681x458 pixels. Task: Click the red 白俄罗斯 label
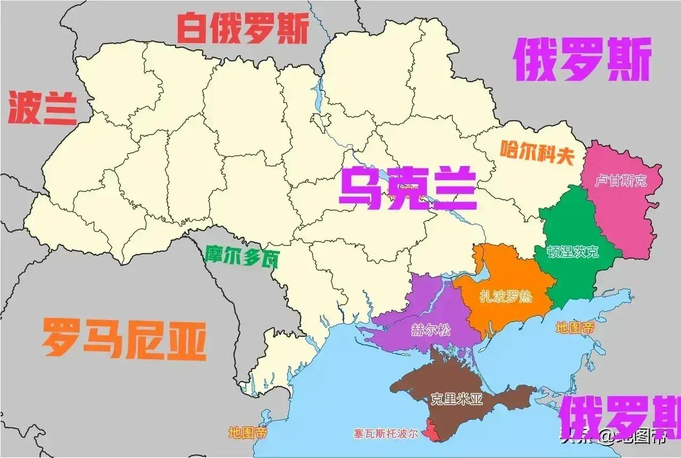click(x=242, y=30)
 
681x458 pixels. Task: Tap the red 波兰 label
click(x=43, y=108)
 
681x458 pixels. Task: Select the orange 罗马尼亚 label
click(x=124, y=339)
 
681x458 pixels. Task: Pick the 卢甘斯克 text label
click(x=620, y=181)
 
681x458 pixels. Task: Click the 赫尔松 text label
click(x=430, y=330)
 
